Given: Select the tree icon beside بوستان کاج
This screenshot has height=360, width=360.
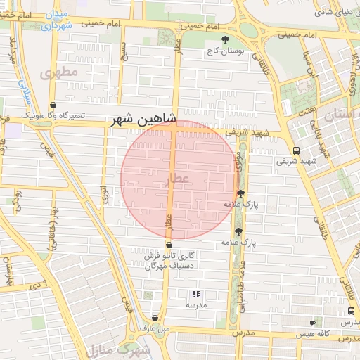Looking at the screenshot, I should pyautogui.click(x=225, y=39).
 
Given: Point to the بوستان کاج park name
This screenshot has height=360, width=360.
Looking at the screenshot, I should pyautogui.click(x=224, y=51).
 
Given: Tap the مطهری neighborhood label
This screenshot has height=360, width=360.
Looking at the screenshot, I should pyautogui.click(x=58, y=73).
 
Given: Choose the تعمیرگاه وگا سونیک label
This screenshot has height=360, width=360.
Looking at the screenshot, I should pyautogui.click(x=53, y=115).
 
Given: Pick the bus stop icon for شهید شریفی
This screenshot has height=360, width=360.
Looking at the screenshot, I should pyautogui.click(x=295, y=150).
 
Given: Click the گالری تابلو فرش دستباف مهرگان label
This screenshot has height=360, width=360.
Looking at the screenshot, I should pyautogui.click(x=169, y=262).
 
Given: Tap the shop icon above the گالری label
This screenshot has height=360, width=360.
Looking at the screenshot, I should pyautogui.click(x=169, y=245).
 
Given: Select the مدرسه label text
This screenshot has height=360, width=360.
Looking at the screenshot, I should pyautogui.click(x=196, y=307).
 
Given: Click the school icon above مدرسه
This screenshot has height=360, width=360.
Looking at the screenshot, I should pyautogui.click(x=196, y=295).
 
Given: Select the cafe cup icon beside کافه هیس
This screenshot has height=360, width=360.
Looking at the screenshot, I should pyautogui.click(x=312, y=323).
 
